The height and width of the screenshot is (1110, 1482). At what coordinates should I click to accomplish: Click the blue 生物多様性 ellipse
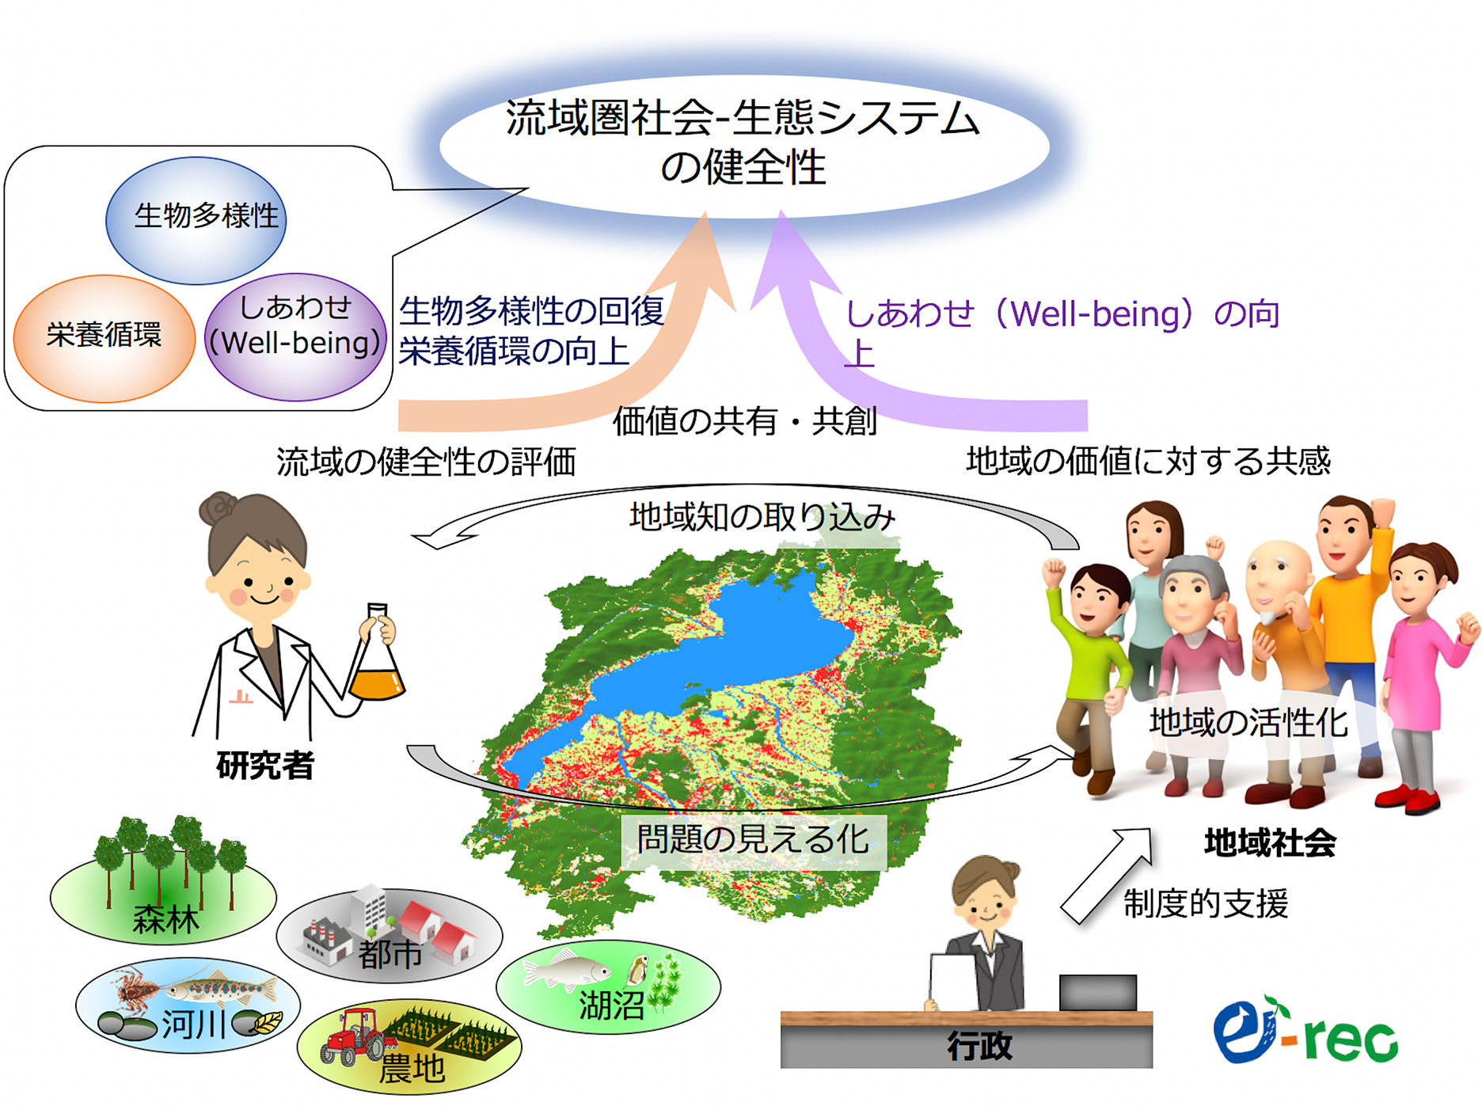(196, 220)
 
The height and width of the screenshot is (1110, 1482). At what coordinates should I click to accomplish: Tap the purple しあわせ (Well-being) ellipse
(295, 337)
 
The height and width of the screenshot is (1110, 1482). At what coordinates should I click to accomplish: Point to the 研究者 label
(265, 765)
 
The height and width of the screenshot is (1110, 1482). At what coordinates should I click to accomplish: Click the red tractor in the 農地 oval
(354, 1036)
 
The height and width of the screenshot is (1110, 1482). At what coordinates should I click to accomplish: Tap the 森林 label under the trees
(165, 919)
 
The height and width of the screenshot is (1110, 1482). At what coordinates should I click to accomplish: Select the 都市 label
(389, 953)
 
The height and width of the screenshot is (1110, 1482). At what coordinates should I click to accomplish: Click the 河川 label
(195, 1024)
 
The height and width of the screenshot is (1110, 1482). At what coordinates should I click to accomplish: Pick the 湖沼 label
(612, 1005)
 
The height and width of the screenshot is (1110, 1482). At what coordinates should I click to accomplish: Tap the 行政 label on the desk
(980, 1046)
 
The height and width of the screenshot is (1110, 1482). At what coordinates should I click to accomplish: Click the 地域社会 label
(1270, 842)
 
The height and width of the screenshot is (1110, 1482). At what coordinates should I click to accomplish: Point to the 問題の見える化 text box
(753, 840)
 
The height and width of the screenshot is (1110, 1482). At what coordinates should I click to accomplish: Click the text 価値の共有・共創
(745, 421)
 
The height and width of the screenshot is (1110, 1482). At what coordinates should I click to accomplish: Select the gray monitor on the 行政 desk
(1098, 993)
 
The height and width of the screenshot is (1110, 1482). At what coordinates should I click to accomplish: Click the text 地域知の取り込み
(762, 518)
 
